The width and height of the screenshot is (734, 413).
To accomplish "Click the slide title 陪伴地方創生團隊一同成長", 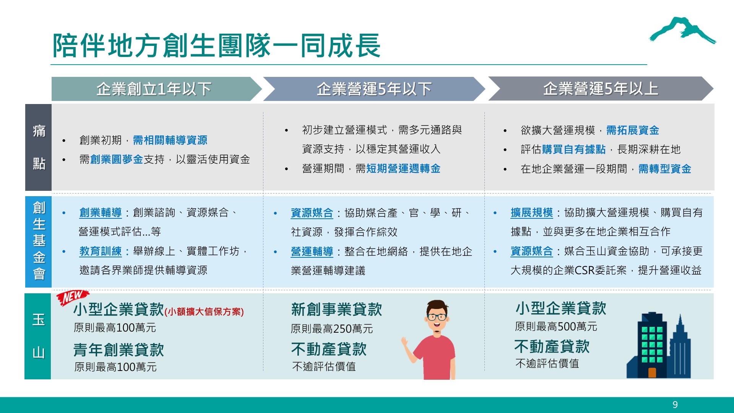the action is (216, 46).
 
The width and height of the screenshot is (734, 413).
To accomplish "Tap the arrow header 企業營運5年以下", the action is (374, 89).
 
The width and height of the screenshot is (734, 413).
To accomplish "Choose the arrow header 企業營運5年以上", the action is (601, 89).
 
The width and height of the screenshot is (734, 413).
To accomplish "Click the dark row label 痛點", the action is (38, 147).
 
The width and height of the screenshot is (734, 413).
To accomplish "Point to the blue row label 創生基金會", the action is (38, 241).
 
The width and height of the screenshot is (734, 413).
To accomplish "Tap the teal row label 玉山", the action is (38, 336).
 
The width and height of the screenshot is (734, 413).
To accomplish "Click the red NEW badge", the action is (73, 297).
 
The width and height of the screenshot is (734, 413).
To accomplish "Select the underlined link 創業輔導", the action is (101, 213).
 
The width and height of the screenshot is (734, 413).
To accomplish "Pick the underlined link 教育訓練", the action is (101, 251).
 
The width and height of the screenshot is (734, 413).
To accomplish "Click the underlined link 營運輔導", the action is (312, 252).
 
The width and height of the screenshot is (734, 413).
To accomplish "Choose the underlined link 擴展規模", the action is (532, 213).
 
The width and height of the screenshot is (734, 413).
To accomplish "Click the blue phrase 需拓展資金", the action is (633, 130).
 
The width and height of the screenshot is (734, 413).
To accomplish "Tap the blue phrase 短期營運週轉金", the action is (403, 169).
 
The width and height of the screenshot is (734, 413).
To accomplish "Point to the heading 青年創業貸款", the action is (119, 350).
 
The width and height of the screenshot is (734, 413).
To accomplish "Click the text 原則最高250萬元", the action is (332, 329).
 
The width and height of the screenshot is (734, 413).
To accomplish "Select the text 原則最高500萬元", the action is (556, 327).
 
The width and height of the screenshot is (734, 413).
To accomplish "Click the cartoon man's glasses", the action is (437, 317).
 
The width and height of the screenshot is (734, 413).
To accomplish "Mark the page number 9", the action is (675, 405).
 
